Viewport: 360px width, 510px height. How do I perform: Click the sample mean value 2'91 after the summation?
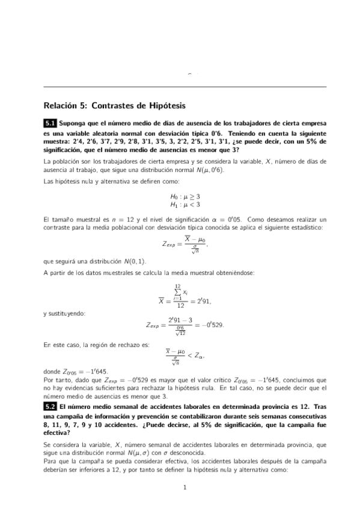(x=202, y=300)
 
